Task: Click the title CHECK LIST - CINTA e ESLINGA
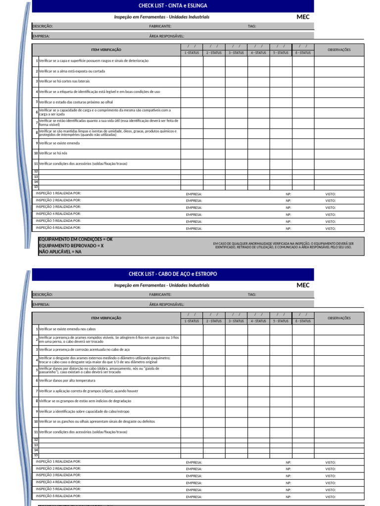pos(173,5)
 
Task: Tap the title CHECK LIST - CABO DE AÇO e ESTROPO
pos(173,274)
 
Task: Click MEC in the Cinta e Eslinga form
pos(303,17)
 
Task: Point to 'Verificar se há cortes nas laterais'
pos(64,81)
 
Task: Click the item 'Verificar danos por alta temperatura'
pos(67,380)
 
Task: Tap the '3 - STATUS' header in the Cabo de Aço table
pos(236,321)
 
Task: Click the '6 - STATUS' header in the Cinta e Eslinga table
pos(303,53)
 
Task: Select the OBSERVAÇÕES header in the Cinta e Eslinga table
pos(339,50)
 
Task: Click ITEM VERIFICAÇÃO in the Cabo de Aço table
pos(106,318)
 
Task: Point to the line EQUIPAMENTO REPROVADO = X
pos(71,246)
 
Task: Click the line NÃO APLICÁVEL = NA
pos(60,252)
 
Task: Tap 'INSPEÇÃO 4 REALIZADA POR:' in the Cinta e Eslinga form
pos(59,214)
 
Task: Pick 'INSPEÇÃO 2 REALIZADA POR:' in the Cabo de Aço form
pos(59,468)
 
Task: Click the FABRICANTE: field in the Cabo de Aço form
pos(160,295)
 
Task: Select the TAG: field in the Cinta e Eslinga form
pos(252,26)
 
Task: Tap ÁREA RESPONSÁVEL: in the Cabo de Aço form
pos(166,304)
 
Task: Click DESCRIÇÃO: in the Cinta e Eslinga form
pos(43,26)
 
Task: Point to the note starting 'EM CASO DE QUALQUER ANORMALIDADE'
pos(284,245)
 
